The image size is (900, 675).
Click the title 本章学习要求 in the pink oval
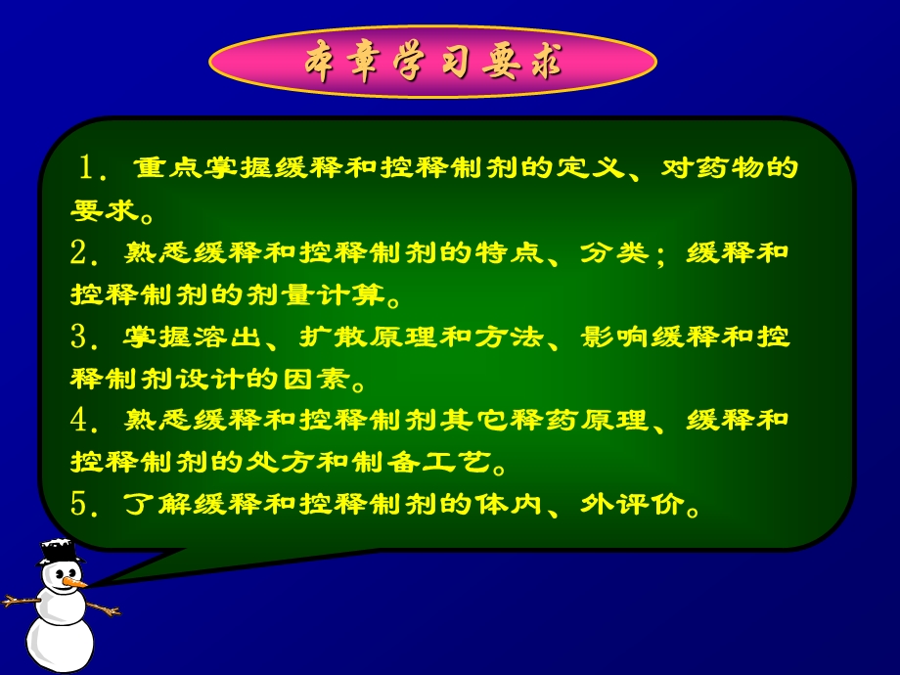(432, 63)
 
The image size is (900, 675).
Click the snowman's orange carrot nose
(72, 582)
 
